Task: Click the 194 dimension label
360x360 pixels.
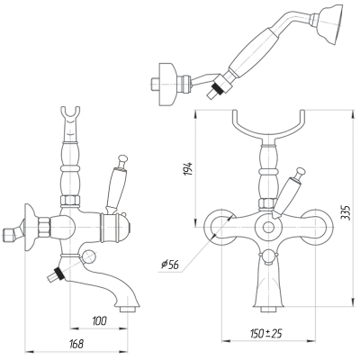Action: click(x=187, y=169)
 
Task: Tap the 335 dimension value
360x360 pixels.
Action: click(x=346, y=213)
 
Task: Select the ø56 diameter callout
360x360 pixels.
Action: click(x=170, y=265)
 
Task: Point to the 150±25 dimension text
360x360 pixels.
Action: click(x=265, y=333)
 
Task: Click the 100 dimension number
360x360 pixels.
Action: click(x=100, y=321)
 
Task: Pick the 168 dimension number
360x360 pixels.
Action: click(x=76, y=344)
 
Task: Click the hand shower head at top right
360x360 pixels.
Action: click(x=330, y=24)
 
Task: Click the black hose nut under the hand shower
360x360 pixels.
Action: click(x=218, y=89)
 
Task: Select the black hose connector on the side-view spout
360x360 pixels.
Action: click(x=58, y=274)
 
